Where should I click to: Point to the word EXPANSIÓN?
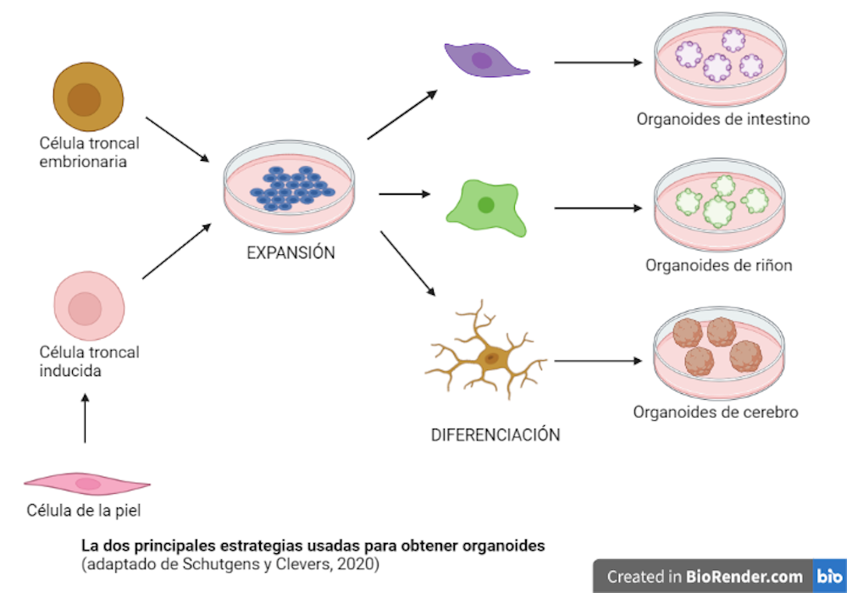(x=291, y=252)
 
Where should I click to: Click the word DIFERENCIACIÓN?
(x=495, y=435)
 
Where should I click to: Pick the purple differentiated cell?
(x=483, y=59)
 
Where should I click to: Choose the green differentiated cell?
(x=485, y=205)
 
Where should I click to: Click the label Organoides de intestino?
(x=722, y=119)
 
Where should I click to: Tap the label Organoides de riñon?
(x=718, y=265)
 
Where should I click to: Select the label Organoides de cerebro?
(x=716, y=413)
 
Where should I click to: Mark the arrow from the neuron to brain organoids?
(x=597, y=361)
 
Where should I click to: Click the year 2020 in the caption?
(x=360, y=563)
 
